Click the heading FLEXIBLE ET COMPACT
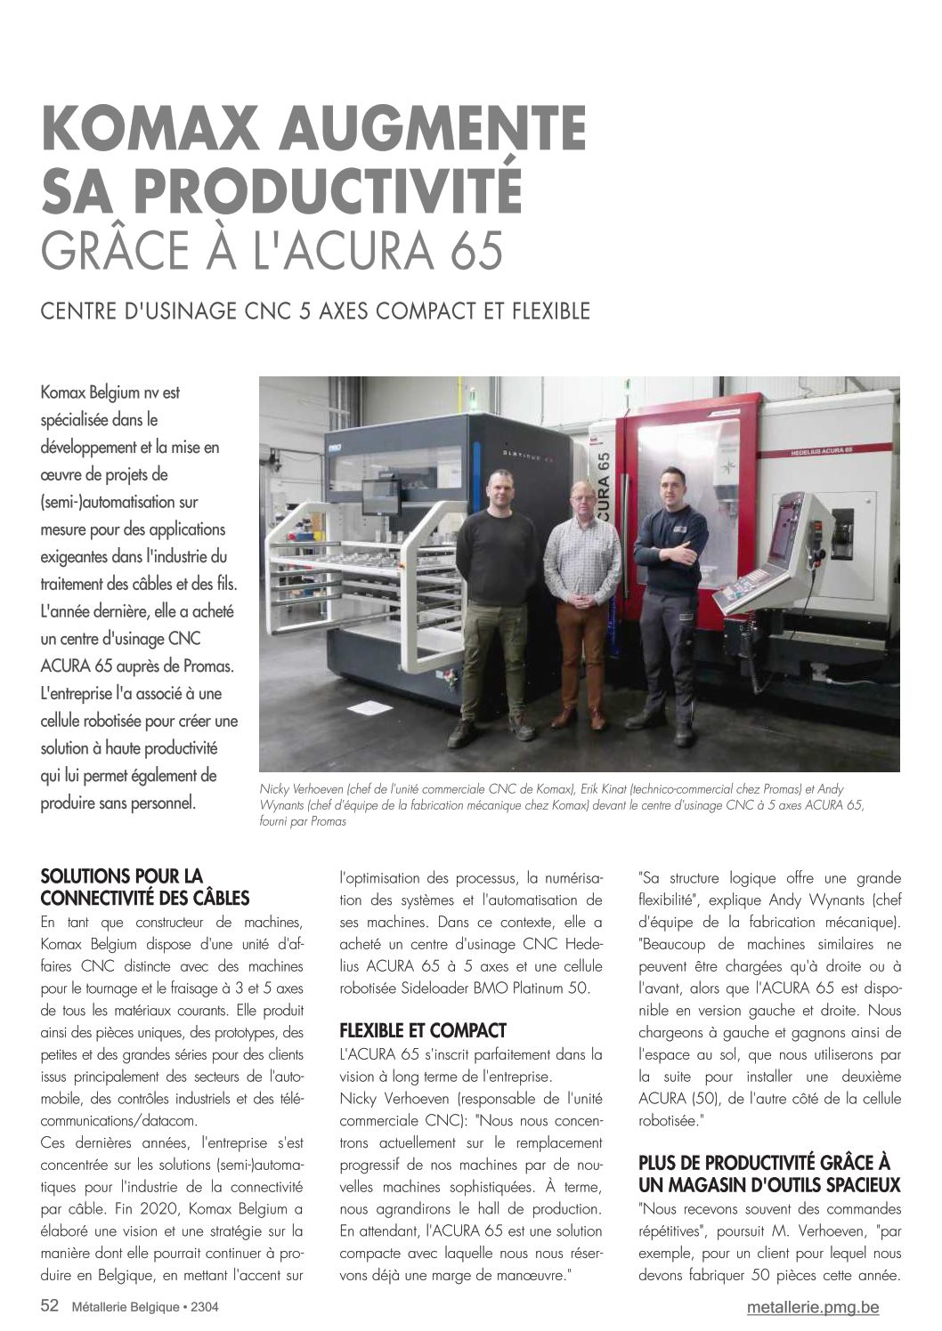(x=423, y=1031)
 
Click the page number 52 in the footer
(x=50, y=1306)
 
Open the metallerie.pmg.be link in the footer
(x=813, y=1307)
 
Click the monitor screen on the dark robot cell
(x=381, y=491)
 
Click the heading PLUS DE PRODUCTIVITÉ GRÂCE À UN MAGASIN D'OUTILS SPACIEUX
(x=769, y=1174)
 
